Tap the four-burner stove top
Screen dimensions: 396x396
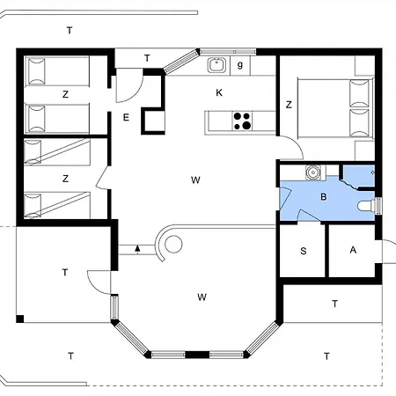click(243, 121)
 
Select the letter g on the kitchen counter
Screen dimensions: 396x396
click(239, 64)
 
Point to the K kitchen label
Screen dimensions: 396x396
click(219, 92)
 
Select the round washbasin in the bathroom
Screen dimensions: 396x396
click(309, 173)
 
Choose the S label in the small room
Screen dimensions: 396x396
click(304, 251)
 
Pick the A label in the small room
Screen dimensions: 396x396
click(353, 250)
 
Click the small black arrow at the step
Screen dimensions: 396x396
click(137, 249)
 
